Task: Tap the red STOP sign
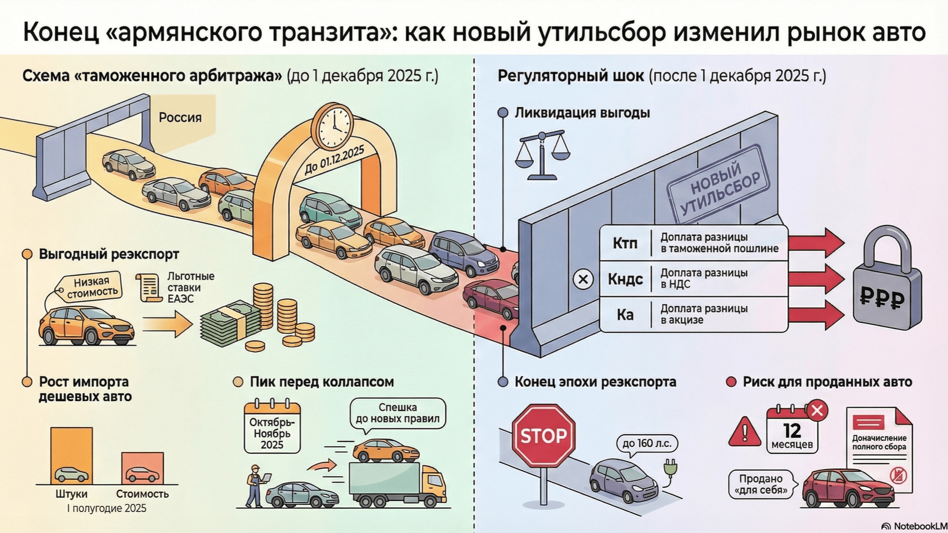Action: click(543, 435)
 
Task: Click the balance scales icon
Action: click(542, 155)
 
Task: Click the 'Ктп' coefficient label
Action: click(625, 243)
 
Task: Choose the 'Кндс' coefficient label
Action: click(625, 279)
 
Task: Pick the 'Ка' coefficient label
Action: click(625, 315)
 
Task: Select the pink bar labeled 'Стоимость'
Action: click(142, 468)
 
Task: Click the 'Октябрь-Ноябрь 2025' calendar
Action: click(272, 427)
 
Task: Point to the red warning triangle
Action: click(744, 432)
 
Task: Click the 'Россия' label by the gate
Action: click(180, 118)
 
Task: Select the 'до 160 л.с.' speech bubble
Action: click(647, 443)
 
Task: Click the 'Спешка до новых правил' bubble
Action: click(397, 413)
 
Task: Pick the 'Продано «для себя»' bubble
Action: click(761, 484)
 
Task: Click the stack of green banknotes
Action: click(230, 324)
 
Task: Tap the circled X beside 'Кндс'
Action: click(583, 279)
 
